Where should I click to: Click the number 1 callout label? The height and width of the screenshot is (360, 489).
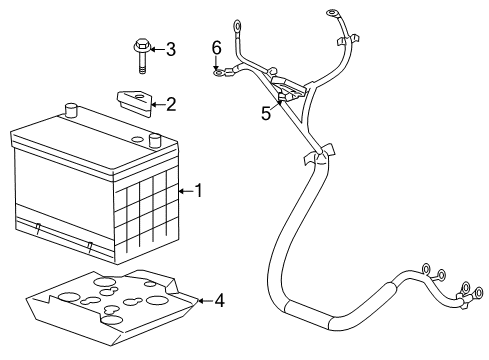tap(198, 190)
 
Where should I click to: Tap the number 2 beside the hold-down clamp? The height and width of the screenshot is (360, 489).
tap(170, 103)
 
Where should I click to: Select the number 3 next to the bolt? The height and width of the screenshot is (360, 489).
tap(170, 48)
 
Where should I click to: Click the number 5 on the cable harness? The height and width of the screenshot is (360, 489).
tap(266, 114)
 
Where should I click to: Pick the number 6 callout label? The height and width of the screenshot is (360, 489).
tap(216, 47)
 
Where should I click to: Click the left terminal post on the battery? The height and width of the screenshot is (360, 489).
tap(71, 110)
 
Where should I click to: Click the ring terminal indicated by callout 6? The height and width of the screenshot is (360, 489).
tap(217, 71)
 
